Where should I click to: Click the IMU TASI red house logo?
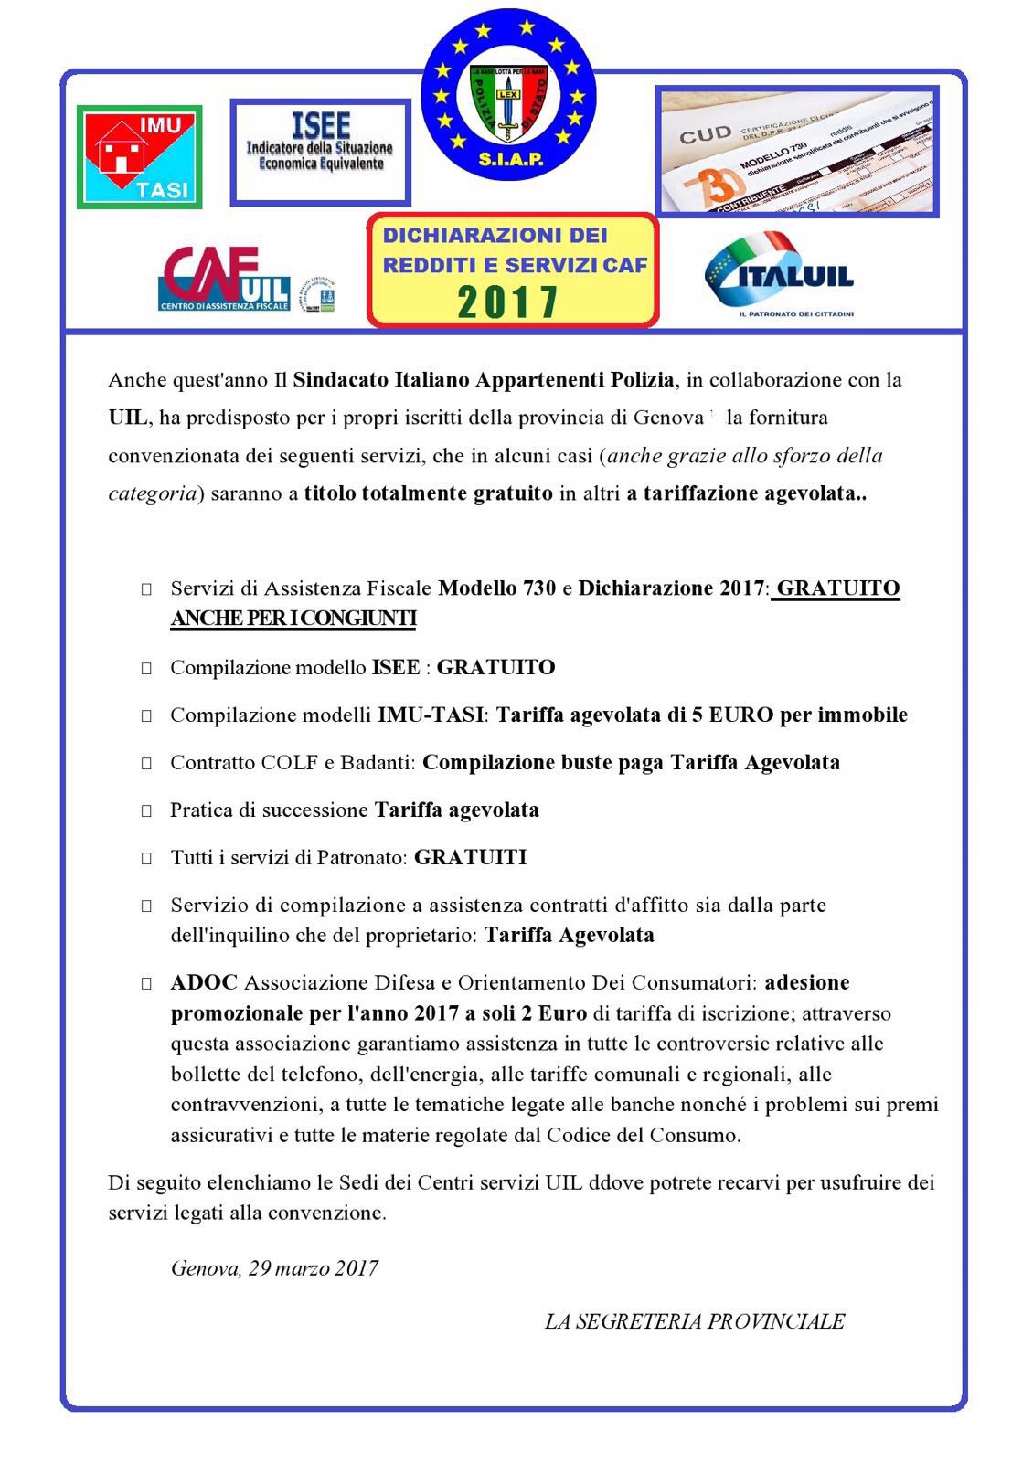[139, 156]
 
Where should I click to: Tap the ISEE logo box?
[320, 153]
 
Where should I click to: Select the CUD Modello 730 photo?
[797, 152]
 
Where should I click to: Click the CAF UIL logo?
[225, 278]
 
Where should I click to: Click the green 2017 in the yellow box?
[507, 302]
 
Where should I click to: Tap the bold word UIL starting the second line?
[127, 418]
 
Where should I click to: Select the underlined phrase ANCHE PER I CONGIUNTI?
[293, 619]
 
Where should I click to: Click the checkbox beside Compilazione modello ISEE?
[146, 669]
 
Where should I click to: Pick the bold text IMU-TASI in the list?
[430, 715]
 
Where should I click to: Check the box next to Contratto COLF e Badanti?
[146, 764]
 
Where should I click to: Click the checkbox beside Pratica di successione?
[146, 811]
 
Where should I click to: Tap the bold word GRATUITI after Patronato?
[470, 857]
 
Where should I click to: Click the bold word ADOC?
[204, 982]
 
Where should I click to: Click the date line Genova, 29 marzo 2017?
[274, 1268]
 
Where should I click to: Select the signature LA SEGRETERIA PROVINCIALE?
[694, 1321]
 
